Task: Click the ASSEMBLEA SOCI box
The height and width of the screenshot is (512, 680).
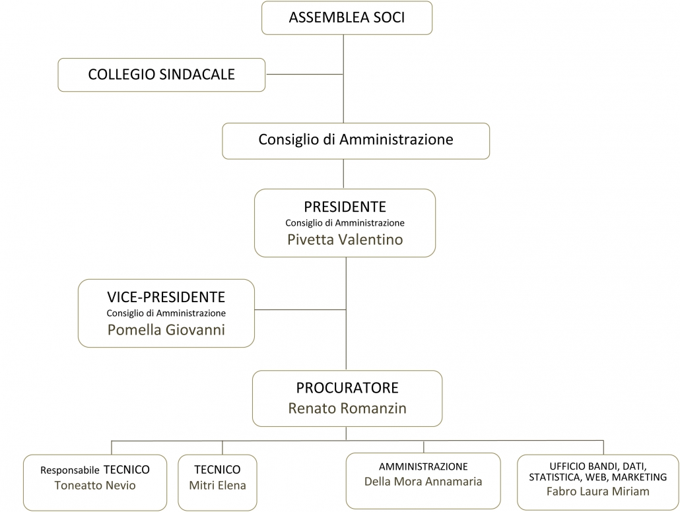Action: point(347,18)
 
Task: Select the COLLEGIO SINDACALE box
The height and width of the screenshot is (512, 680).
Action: point(161,75)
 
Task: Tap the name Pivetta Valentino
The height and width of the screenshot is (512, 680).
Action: point(345,240)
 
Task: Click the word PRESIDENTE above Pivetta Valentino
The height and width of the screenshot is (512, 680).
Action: point(345,207)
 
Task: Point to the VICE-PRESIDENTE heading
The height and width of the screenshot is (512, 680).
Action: point(166,297)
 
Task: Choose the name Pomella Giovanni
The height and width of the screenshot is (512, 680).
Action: point(166,330)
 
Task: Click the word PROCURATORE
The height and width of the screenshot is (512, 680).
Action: point(347,387)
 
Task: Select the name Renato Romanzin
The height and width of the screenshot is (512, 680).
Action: point(347,408)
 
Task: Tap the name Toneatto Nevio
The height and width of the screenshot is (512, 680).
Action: point(95,485)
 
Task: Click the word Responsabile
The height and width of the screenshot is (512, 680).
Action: point(70,470)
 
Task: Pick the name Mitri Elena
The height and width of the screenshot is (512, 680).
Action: point(217,485)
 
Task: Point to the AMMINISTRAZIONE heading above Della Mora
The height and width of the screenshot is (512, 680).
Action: point(423,466)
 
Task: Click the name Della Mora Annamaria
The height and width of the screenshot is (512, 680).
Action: point(423,481)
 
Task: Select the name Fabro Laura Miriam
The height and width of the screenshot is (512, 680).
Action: point(598,491)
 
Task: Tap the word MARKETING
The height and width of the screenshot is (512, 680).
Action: point(639,477)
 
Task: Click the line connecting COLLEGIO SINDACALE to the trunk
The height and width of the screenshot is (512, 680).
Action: point(305,74)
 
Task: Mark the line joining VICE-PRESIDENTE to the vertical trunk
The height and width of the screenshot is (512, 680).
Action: point(300,309)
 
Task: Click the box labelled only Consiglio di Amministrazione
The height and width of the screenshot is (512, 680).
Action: point(356,141)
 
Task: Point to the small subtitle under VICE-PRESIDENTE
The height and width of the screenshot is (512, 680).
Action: point(166,313)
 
